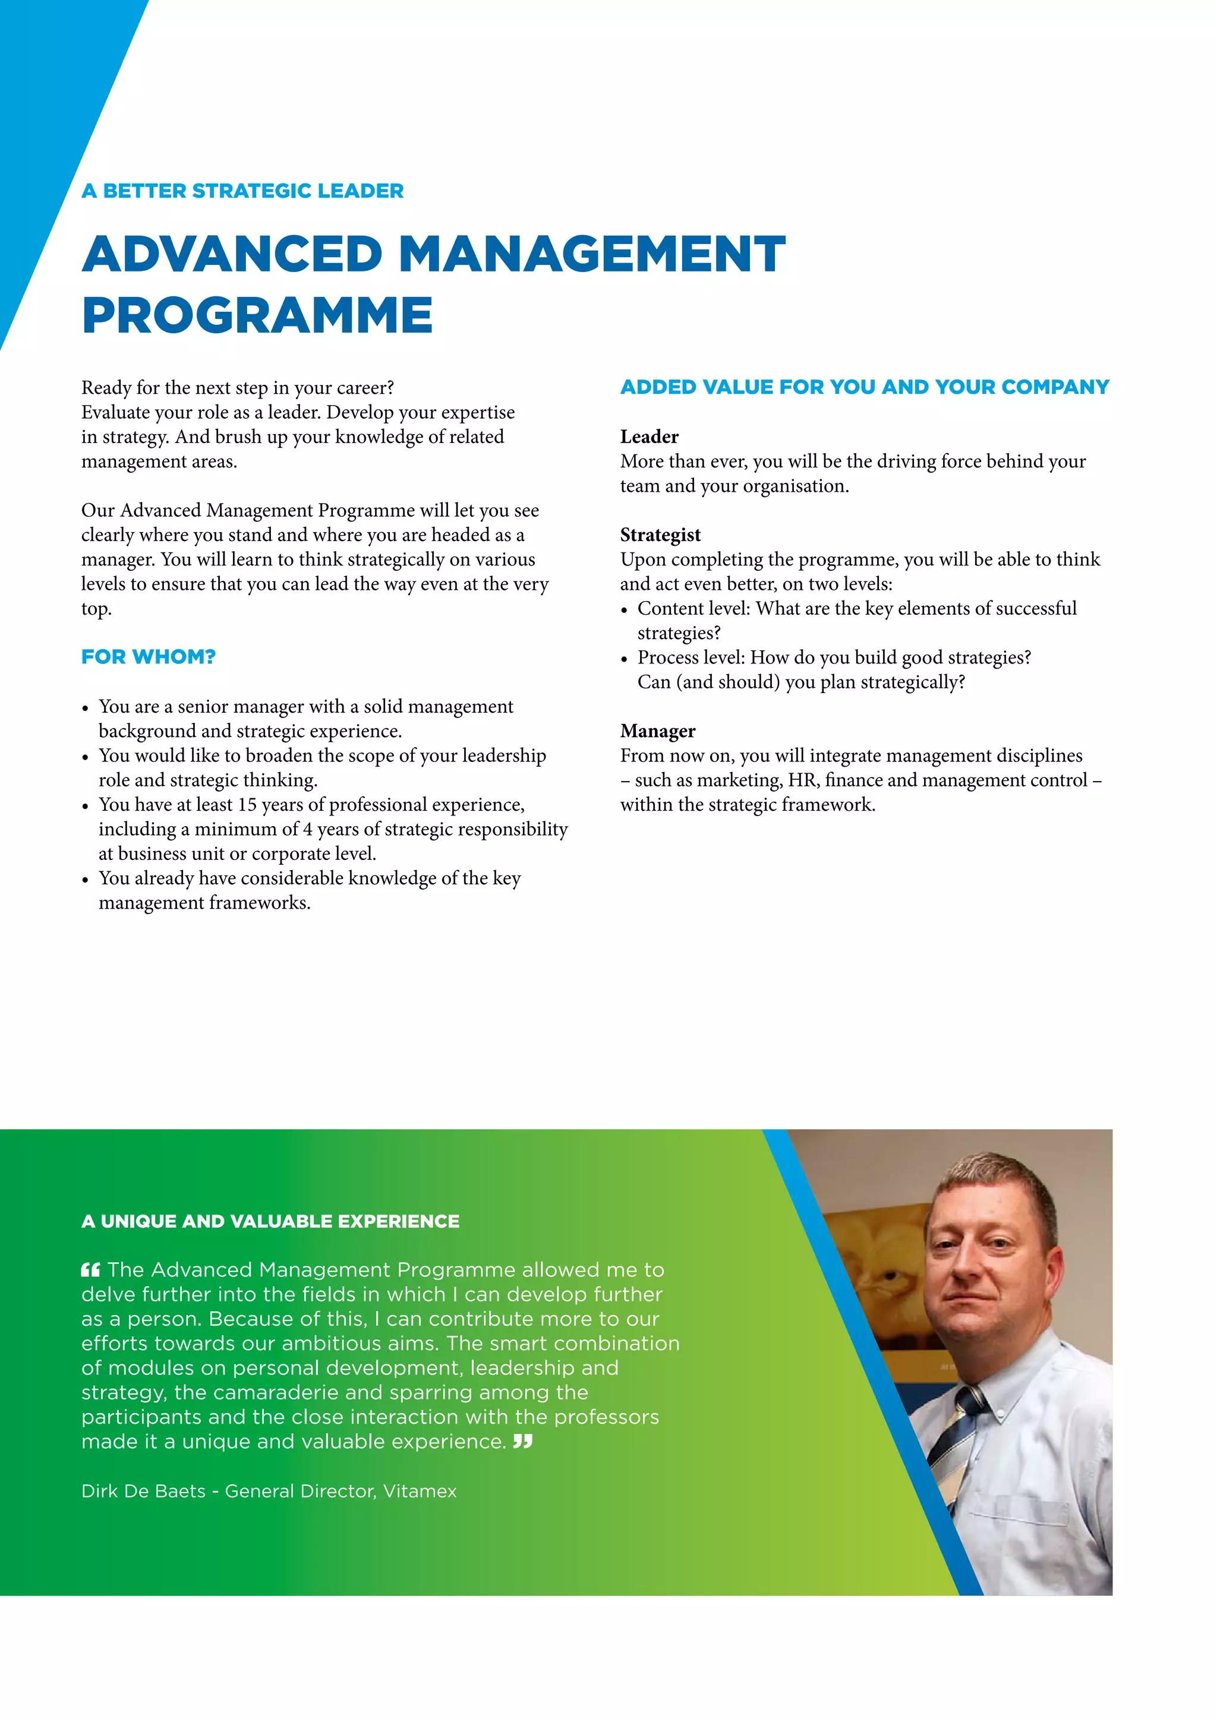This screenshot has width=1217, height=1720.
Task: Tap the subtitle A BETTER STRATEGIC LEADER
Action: click(x=242, y=191)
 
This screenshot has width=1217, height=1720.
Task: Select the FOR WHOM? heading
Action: click(x=149, y=657)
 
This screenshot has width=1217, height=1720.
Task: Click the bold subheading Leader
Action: click(x=649, y=437)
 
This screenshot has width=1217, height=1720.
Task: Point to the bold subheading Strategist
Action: click(x=660, y=535)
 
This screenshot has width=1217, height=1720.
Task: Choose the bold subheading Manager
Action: click(x=657, y=731)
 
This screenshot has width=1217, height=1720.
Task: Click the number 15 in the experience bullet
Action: click(x=247, y=805)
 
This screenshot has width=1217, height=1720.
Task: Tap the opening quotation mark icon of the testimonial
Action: click(x=90, y=1270)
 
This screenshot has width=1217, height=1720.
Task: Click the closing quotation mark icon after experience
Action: click(x=522, y=1441)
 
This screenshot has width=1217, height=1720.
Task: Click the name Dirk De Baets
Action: click(x=143, y=1491)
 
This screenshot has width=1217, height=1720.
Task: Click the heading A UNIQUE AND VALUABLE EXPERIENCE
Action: click(x=270, y=1221)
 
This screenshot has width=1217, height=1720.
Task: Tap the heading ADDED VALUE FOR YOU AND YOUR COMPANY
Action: click(x=864, y=387)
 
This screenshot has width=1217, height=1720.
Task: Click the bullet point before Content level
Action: click(x=624, y=611)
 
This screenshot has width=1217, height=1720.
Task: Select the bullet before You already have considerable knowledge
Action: click(x=86, y=880)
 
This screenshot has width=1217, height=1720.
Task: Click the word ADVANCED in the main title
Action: click(x=232, y=254)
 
